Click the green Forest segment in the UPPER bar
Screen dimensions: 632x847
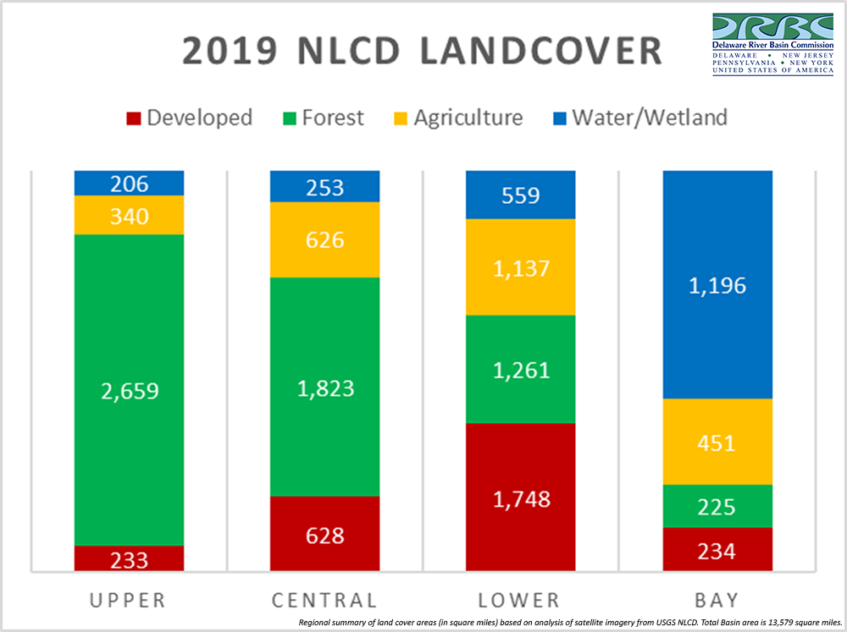click(x=129, y=338)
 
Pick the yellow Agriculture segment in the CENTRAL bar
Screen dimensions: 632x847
click(x=324, y=239)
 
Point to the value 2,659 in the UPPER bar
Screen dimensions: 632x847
click(x=129, y=391)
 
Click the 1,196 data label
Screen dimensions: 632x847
click(x=717, y=285)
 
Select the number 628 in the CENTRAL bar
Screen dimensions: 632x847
click(x=324, y=536)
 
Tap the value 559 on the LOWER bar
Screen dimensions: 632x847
click(x=521, y=196)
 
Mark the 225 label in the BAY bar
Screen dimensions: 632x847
click(x=717, y=508)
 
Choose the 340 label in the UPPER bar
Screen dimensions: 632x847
click(x=129, y=217)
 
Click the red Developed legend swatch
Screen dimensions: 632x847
click(x=131, y=117)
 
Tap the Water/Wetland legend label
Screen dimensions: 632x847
click(x=650, y=117)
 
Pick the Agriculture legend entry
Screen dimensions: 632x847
click(x=468, y=117)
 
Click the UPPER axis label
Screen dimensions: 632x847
click(x=129, y=601)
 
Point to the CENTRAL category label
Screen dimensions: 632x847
click(x=324, y=601)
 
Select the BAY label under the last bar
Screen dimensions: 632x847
click(x=717, y=601)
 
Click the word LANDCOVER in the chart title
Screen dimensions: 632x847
click(x=522, y=52)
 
